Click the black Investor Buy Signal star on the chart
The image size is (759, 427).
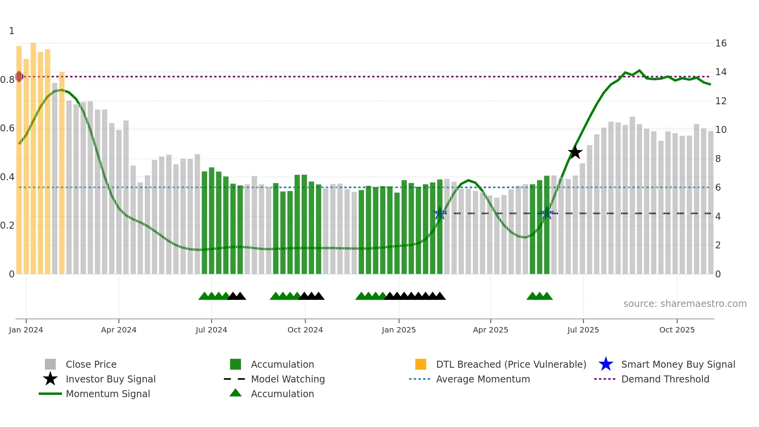tap(575, 152)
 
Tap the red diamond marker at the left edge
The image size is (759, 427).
tap(19, 76)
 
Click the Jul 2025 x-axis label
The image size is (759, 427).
tap(583, 330)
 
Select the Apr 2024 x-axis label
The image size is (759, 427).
tap(118, 330)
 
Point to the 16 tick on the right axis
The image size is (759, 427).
tap(721, 43)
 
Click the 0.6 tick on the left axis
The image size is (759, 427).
tap(7, 128)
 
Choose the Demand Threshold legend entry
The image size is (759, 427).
tap(665, 379)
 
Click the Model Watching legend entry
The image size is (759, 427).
tap(287, 379)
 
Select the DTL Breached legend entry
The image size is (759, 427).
tap(511, 364)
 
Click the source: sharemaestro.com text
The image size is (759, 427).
tap(685, 304)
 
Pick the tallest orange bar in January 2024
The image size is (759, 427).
tap(33, 155)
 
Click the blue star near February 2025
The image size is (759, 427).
tap(440, 213)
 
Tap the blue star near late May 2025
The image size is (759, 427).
tap(547, 213)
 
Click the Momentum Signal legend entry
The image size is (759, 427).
tap(108, 394)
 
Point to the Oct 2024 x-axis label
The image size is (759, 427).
tap(305, 330)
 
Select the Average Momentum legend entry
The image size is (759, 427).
tap(483, 379)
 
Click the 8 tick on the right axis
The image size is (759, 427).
tap(718, 159)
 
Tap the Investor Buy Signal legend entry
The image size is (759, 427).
tap(110, 379)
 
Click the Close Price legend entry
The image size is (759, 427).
tap(91, 364)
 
